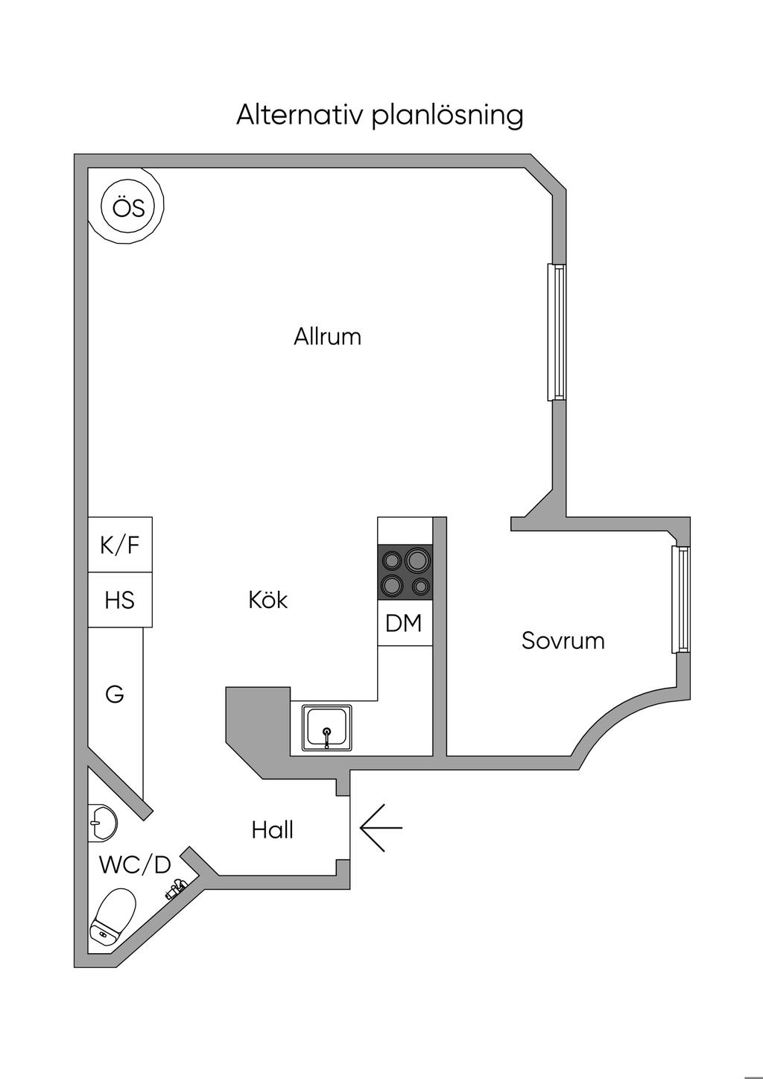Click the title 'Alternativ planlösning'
tap(380, 116)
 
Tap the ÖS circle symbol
tap(128, 208)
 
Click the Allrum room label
tap(327, 337)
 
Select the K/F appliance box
tap(120, 545)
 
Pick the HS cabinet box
tap(120, 600)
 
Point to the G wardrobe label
tap(115, 694)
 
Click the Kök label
tap(268, 600)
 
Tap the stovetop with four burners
tap(405, 572)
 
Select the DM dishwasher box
tap(404, 624)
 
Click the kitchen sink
tap(326, 727)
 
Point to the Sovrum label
tap(563, 641)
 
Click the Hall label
tap(272, 830)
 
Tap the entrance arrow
tap(381, 827)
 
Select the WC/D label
tap(135, 865)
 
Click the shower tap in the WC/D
tap(176, 888)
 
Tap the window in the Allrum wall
tap(555, 332)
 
